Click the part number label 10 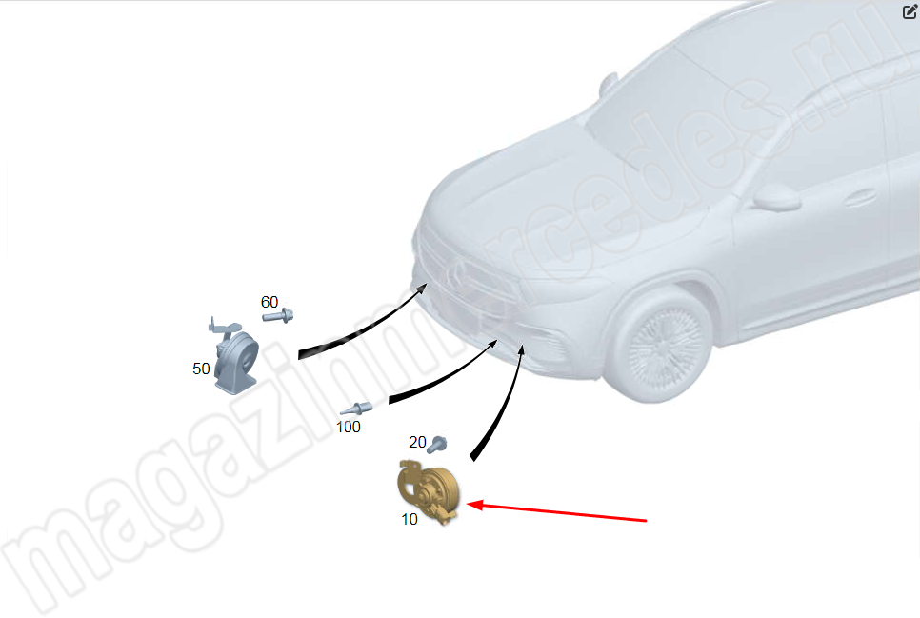[x=410, y=519]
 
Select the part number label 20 [x=417, y=442]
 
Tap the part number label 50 [x=201, y=369]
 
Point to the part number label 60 [x=270, y=302]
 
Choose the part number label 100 [x=348, y=428]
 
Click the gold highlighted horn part [x=429, y=490]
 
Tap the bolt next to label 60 [x=278, y=316]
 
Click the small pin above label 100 [x=356, y=409]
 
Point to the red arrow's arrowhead [x=474, y=505]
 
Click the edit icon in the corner [x=910, y=11]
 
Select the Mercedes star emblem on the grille [x=456, y=271]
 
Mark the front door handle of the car [x=860, y=198]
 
